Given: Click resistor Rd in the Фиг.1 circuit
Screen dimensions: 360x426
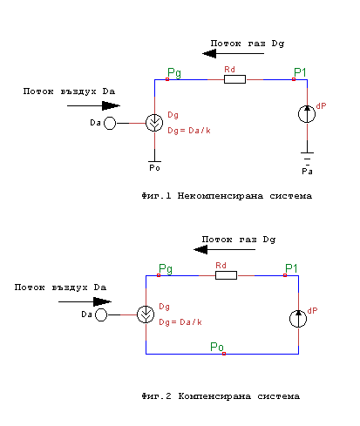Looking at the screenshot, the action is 234,79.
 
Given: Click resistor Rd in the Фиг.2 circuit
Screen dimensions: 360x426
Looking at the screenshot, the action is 226,275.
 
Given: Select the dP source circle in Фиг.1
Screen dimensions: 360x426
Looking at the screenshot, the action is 307,114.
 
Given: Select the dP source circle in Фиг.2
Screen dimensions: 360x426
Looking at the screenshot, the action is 298,319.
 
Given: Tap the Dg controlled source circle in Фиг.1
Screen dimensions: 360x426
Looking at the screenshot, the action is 154,123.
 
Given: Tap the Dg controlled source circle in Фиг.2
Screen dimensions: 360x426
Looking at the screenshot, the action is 146,314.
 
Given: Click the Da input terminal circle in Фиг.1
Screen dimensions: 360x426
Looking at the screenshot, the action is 110,123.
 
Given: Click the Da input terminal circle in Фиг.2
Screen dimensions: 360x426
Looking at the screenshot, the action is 101,314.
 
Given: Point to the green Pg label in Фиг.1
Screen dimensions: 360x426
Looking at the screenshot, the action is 174,72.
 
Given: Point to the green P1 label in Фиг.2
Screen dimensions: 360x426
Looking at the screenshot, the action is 291,268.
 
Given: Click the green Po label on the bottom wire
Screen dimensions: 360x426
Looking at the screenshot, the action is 217,347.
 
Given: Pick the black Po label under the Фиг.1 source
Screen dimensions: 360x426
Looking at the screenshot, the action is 154,168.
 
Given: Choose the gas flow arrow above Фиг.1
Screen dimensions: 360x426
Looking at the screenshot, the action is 233,53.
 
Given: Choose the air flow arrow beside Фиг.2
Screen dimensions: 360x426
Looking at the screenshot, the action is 85,301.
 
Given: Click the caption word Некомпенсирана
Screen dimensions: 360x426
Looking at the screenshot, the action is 221,196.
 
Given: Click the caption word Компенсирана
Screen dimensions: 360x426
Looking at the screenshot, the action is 214,396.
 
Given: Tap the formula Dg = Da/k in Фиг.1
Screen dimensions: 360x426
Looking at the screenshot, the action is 189,131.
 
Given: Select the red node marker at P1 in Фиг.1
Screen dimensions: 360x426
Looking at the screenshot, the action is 294,79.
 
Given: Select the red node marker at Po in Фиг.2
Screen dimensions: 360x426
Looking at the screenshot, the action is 224,354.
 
